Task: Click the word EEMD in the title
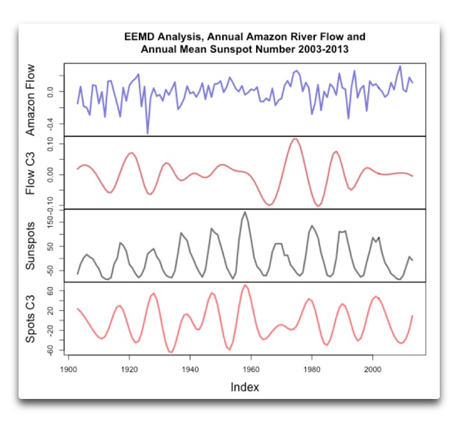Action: click(139, 37)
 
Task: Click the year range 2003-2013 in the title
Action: click(324, 48)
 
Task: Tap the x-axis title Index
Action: click(246, 387)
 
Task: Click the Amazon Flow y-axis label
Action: click(31, 99)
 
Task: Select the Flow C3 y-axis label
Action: click(31, 172)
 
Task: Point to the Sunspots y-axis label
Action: click(31, 245)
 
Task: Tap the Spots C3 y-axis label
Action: click(31, 318)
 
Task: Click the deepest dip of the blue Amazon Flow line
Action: click(148, 133)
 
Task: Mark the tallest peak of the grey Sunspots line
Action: click(245, 212)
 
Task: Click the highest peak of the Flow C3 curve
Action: click(294, 139)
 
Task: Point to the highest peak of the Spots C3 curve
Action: click(245, 285)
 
